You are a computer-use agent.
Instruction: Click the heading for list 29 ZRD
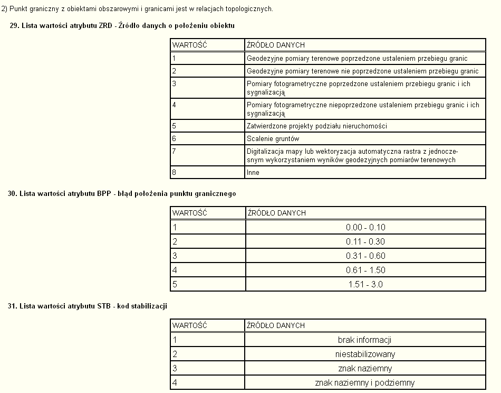[x=122, y=25]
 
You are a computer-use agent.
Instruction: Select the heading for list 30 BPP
[x=122, y=193]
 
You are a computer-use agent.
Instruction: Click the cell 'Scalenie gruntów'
[x=273, y=139]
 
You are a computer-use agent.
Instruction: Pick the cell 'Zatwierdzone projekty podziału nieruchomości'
[x=317, y=126]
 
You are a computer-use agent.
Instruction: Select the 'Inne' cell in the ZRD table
[x=253, y=173]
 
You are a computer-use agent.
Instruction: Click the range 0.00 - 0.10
[x=365, y=227]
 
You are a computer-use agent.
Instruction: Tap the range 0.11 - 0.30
[x=365, y=241]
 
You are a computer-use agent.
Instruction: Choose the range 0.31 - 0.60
[x=365, y=256]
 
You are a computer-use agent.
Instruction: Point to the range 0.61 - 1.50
[x=365, y=270]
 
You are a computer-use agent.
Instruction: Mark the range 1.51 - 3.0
[x=365, y=284]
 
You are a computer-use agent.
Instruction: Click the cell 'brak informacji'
[x=365, y=340]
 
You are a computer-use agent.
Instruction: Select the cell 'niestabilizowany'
[x=365, y=354]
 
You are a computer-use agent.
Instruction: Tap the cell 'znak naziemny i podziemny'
[x=365, y=382]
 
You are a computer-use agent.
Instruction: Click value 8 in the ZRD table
[x=175, y=173]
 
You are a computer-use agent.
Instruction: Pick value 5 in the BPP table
[x=175, y=284]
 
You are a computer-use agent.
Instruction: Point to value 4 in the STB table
[x=175, y=382]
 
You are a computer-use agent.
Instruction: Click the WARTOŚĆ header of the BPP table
[x=190, y=213]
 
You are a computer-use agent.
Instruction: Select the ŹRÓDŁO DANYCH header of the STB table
[x=276, y=325]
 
